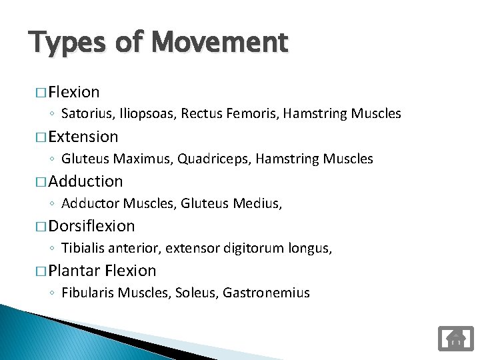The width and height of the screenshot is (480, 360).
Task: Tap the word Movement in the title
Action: [x=219, y=43]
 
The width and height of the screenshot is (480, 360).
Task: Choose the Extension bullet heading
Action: [x=83, y=137]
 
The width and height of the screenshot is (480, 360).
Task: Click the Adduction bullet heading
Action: [x=85, y=181]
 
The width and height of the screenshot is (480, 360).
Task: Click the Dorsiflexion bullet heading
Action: [x=91, y=226]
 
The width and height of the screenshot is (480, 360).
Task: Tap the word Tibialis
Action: [x=84, y=248]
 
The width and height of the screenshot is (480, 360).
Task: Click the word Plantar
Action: [x=75, y=271]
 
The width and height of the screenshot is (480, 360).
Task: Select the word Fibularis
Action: [x=89, y=293]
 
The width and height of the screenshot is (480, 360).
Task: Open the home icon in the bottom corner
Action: [x=456, y=338]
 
